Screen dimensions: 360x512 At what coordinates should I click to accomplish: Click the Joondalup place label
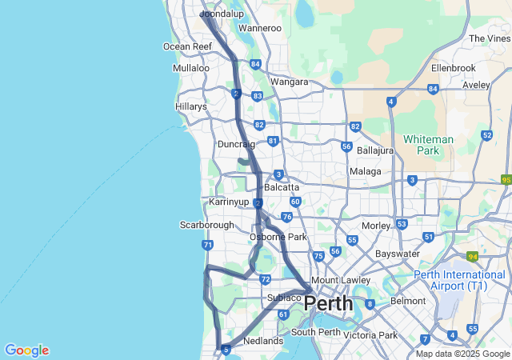[x=222, y=14]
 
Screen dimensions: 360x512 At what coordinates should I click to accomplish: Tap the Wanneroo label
[x=260, y=29]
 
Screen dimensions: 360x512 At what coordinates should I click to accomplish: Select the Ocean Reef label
[x=188, y=46]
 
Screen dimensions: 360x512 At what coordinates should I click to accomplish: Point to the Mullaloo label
[x=191, y=68]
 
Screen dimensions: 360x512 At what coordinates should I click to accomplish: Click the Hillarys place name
[x=191, y=106]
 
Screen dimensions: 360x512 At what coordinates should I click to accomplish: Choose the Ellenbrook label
[x=453, y=68]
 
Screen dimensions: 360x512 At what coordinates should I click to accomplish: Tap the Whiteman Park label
[x=428, y=144]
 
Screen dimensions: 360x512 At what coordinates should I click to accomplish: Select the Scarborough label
[x=206, y=226]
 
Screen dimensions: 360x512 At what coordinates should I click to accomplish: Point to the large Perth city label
[x=328, y=304]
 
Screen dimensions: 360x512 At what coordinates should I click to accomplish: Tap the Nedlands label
[x=263, y=341]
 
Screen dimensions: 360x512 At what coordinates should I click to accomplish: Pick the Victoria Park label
[x=370, y=334]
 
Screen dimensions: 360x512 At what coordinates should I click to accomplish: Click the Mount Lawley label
[x=340, y=280]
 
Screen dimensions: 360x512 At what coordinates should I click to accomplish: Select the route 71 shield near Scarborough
[x=208, y=245]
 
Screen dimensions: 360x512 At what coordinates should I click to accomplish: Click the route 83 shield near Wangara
[x=258, y=96]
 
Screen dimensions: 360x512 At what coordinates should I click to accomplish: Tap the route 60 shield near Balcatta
[x=295, y=202]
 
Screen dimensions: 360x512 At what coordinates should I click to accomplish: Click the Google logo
[x=26, y=350]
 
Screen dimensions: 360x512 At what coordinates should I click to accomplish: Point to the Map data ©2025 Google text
[x=462, y=354]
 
